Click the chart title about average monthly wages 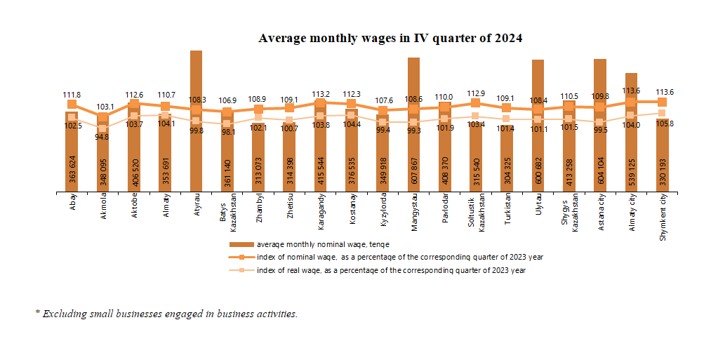[x=390, y=38]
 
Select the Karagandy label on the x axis [x=321, y=211]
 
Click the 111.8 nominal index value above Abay [x=72, y=94]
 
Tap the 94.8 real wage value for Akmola [x=103, y=138]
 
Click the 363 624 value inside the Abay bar [x=72, y=168]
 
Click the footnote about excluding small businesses [x=166, y=314]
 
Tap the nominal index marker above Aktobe [x=134, y=104]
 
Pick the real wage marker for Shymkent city [x=663, y=113]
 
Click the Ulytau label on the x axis [x=538, y=206]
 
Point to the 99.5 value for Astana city [x=600, y=131]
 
